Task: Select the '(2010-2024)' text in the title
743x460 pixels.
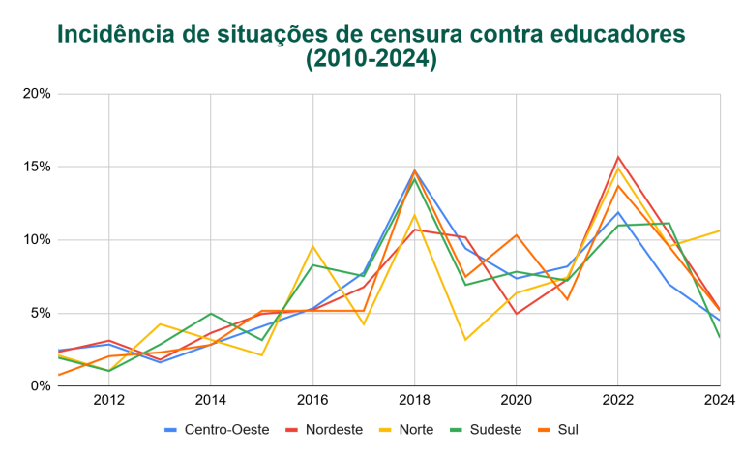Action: (371, 60)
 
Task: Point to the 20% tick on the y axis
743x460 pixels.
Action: (36, 94)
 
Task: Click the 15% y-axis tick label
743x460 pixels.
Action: (36, 167)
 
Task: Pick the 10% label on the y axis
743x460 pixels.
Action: (36, 240)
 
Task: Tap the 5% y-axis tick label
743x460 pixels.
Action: (39, 313)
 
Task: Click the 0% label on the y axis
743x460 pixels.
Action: (39, 385)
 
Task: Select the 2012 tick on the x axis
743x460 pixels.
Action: (108, 399)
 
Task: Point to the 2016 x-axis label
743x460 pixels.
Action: (312, 399)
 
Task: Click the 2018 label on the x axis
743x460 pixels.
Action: (414, 399)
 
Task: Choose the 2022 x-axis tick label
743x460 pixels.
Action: (618, 399)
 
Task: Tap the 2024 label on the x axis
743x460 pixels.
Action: (719, 399)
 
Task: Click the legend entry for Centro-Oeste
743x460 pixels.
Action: (213, 429)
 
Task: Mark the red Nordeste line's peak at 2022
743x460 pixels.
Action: (618, 157)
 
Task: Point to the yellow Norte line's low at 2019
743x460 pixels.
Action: (465, 339)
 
